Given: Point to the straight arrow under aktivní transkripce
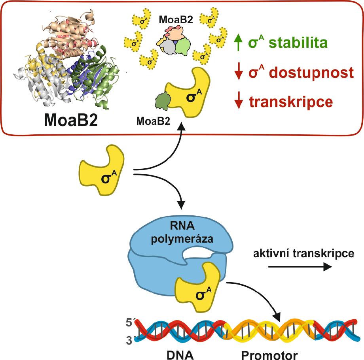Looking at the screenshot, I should (300, 267).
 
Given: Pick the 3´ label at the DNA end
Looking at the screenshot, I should (127, 339).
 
